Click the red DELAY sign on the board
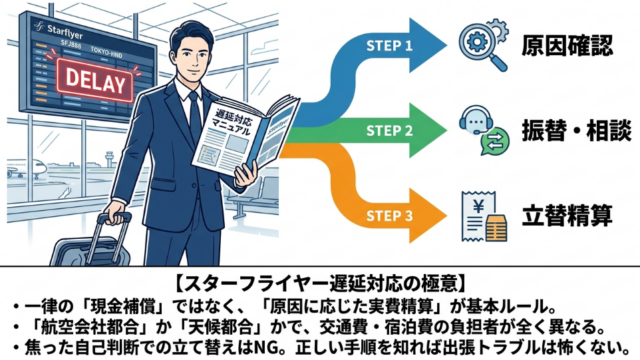pos(96,81)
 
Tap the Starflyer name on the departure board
pos(64,31)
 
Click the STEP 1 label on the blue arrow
pos(389,46)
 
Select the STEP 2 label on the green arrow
pos(389,131)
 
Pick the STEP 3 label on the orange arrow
pos(389,216)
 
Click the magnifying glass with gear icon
pos(484,45)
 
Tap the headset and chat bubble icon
pos(484,131)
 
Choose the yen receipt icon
pos(484,216)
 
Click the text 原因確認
pos(567,45)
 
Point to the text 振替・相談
pos(576,131)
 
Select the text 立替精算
pos(567,216)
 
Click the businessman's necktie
pos(195,112)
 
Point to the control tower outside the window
pos(109,160)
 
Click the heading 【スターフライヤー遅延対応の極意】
pos(320,283)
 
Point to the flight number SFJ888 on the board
pos(71,44)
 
